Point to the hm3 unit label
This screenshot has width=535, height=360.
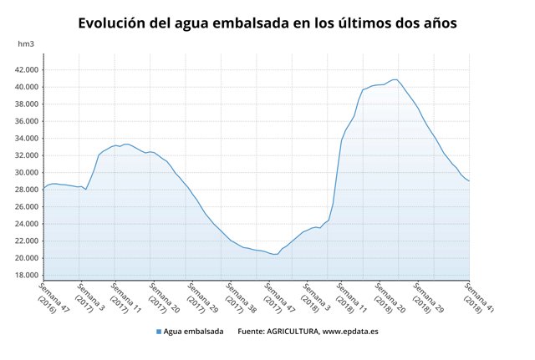point(27,43)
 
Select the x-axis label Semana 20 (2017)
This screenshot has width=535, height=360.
point(162,297)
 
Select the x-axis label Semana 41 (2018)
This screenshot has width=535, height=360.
point(476,297)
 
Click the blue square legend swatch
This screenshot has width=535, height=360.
point(159,332)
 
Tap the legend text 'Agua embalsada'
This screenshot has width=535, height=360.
point(193,332)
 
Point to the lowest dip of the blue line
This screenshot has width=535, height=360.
point(275,254)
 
